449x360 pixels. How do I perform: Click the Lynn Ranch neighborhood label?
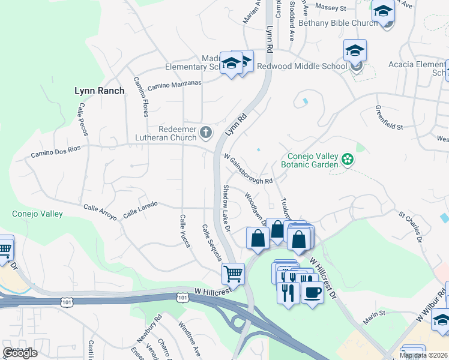tap(99, 91)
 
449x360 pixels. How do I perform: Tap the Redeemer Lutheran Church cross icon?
tap(206, 133)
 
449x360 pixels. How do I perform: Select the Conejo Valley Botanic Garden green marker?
tap(346, 160)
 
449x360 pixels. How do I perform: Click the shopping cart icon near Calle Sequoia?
tap(233, 274)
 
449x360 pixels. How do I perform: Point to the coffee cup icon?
tap(312, 292)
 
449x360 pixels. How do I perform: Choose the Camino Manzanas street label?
tap(174, 85)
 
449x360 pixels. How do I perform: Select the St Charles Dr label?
tap(412, 226)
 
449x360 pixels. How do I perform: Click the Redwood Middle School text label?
tap(302, 66)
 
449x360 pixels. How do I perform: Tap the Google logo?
tap(20, 353)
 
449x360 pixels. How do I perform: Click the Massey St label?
tap(336, 8)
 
